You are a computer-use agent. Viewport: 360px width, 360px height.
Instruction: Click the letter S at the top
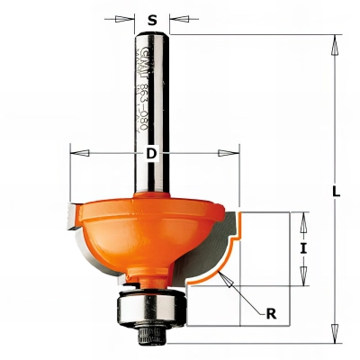click(152, 16)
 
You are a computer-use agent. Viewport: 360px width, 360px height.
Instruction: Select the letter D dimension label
click(152, 154)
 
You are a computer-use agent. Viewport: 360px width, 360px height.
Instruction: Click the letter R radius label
click(270, 313)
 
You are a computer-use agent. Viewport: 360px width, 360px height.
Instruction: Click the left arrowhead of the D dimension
click(75, 154)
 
